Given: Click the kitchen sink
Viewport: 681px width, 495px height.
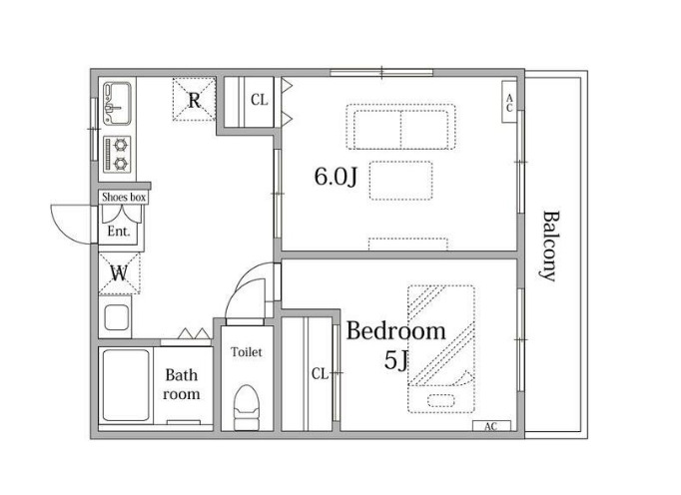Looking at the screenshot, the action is coord(117,104).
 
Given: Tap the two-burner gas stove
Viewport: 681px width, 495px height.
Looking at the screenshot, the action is coord(117,154).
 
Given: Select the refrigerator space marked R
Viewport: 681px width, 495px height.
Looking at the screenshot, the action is coord(194,99).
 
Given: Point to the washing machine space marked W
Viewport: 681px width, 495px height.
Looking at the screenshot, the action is coord(120,273).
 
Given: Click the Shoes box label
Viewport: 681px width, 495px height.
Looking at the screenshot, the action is coord(124,198).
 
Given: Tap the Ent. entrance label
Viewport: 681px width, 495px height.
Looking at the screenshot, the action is coord(119,232).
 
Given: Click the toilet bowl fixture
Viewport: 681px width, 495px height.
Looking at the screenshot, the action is coord(247,407).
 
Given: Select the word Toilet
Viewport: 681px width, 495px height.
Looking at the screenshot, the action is coord(247,351).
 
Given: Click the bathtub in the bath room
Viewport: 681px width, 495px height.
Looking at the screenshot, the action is coord(126,385).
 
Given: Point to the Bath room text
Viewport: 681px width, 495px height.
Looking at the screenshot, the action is coord(182,384).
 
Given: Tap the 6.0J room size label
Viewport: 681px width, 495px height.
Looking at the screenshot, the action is coord(336,177).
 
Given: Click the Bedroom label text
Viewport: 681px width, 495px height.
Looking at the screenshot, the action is coord(395,331).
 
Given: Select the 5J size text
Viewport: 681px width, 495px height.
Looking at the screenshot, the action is coord(396,360).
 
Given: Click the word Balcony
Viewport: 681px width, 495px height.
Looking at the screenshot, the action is coord(551,247).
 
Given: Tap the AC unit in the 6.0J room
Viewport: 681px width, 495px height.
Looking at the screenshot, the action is coord(509,102).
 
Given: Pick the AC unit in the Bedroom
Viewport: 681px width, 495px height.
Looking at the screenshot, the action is coord(491,426).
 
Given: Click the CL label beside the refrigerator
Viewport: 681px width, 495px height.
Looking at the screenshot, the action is coord(260,100).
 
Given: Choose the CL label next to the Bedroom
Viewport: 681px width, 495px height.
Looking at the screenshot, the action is coord(321,373).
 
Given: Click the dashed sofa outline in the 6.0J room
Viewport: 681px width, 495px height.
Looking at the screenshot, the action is coord(400,127).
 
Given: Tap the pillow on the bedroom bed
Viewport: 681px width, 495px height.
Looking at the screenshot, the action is coord(440,400).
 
